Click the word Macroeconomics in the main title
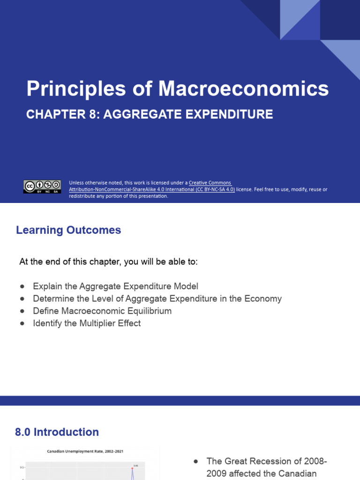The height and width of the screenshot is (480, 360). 243,89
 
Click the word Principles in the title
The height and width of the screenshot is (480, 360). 75,89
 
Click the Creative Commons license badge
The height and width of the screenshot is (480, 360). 42,187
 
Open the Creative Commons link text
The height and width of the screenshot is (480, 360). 210,183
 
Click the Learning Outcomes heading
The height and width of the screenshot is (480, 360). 68,230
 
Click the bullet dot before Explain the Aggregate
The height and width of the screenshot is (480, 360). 22,286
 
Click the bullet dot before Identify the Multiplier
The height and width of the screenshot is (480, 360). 22,323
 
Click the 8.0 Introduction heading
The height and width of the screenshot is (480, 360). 57,432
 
